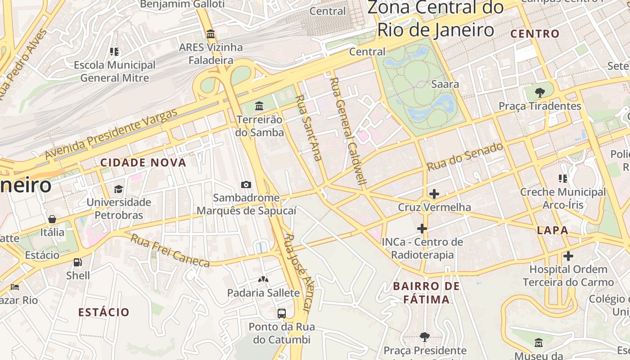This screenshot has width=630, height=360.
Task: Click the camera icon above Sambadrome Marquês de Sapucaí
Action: click(246, 184)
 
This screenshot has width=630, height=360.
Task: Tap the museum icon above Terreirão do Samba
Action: click(259, 106)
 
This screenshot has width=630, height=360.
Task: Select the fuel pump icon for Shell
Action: click(78, 262)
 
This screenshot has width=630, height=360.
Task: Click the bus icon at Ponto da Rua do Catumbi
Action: click(282, 313)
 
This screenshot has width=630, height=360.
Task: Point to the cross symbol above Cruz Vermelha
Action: click(434, 194)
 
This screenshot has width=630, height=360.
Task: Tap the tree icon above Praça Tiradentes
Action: click(540, 93)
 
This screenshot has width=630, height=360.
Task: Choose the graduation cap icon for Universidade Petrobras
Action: click(118, 189)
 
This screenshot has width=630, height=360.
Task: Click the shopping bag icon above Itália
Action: click(52, 219)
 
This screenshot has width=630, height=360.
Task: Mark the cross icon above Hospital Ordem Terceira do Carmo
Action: click(568, 256)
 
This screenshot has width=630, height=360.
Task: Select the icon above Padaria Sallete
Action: click(263, 279)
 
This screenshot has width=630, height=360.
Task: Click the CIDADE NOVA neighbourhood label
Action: click(143, 163)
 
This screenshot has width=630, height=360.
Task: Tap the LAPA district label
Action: click(553, 230)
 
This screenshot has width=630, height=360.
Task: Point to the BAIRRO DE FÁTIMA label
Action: click(426, 292)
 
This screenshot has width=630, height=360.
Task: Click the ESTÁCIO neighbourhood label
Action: click(104, 312)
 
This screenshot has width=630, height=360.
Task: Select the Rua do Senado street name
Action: click(465, 157)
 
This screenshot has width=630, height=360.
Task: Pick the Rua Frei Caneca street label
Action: click(170, 250)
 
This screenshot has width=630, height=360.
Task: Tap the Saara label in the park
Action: click(445, 84)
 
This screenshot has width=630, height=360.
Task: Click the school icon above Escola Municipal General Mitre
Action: click(114, 52)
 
